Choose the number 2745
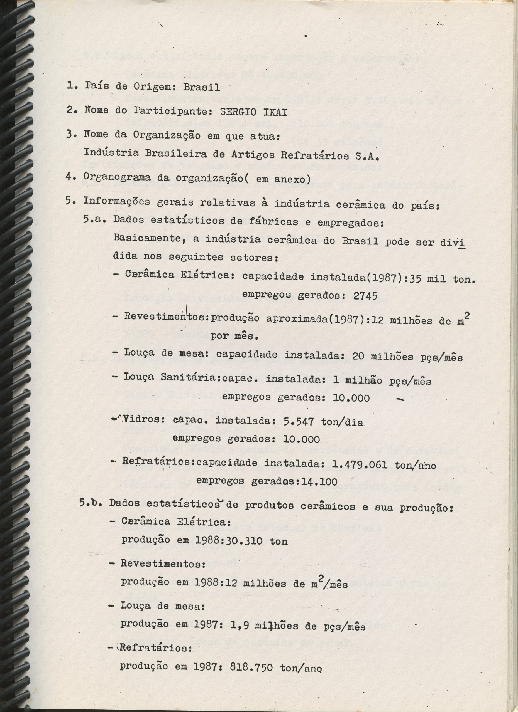click(365, 296)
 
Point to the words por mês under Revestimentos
click(234, 336)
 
